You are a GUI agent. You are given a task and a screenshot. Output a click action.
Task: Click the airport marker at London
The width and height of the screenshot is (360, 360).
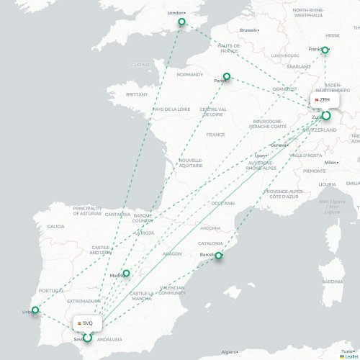182,22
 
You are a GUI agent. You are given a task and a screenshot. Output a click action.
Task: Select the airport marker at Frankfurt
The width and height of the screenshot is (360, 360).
325,50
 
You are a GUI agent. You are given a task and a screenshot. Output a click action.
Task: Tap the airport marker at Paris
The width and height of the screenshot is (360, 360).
227,76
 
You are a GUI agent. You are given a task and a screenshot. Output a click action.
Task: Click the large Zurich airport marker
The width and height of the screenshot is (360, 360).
326,115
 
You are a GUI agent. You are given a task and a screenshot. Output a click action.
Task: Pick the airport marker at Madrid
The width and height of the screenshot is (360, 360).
126,274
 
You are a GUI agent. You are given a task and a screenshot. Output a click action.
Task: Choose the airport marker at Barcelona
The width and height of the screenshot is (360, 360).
221,256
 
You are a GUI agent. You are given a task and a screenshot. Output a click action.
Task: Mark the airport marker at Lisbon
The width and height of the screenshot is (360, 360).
35,311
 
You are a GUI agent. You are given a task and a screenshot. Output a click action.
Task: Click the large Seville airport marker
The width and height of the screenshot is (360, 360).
87,337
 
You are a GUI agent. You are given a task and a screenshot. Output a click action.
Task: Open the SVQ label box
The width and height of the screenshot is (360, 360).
85,323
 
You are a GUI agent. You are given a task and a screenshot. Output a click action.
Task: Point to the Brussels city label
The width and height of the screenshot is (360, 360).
248,30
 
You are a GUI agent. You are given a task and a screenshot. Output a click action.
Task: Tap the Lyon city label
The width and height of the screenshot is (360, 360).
260,156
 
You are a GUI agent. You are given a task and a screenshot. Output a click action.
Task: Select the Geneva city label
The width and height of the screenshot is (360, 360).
279,145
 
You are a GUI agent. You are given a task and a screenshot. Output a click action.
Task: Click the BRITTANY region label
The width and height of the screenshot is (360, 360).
136,94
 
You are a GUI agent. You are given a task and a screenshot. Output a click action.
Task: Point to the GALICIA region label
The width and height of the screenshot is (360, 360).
55,226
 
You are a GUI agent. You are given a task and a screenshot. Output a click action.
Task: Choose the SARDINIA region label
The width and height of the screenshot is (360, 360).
331,282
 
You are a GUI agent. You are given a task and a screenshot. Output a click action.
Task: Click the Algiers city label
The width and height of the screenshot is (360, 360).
230,352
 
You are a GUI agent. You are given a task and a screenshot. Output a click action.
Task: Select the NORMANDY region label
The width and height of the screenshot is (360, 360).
190,74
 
